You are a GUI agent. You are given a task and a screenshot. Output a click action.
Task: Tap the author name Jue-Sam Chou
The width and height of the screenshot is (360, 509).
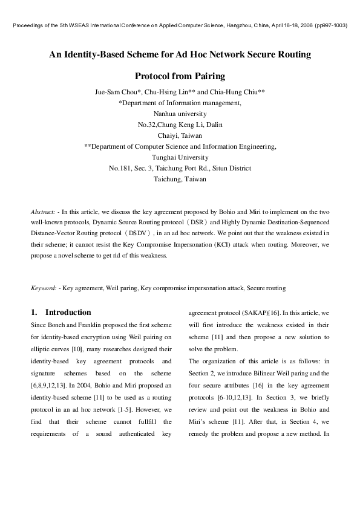[117, 92]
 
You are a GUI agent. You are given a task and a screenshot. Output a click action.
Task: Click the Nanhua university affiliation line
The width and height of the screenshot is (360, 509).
[180, 114]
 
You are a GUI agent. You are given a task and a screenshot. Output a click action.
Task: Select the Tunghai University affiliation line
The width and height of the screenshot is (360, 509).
[180, 157]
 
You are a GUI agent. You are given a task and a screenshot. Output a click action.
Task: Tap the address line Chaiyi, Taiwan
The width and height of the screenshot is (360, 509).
[180, 135]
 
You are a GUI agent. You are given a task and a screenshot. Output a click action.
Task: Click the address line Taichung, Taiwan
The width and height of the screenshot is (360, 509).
[180, 179]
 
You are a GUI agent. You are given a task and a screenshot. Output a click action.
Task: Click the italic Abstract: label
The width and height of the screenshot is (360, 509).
[44, 212]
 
